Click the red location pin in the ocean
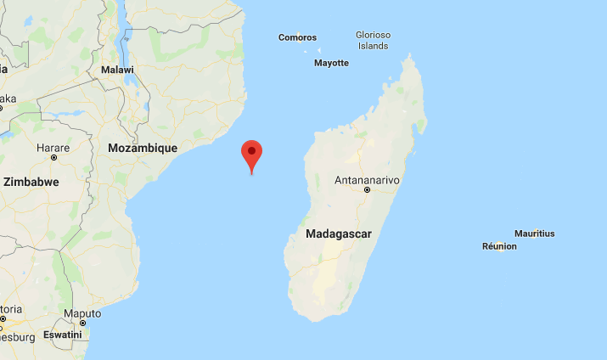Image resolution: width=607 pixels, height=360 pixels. (x=251, y=155)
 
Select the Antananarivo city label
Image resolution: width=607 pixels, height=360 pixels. (x=367, y=180)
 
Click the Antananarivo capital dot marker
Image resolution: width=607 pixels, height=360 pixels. (x=367, y=190)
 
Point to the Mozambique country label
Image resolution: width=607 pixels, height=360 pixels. (x=143, y=148)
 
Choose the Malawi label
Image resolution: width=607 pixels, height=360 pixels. (x=117, y=70)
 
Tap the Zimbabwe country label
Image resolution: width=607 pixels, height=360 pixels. (x=31, y=182)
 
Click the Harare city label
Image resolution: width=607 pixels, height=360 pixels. (x=53, y=147)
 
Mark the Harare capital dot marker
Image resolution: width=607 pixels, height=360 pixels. (x=53, y=157)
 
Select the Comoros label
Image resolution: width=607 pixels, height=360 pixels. (x=297, y=37)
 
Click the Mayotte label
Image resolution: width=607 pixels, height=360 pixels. (x=331, y=63)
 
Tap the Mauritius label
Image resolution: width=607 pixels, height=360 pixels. (x=534, y=233)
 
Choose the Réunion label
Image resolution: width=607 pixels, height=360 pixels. (x=499, y=246)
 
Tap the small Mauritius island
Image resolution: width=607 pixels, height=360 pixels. (x=533, y=240)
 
